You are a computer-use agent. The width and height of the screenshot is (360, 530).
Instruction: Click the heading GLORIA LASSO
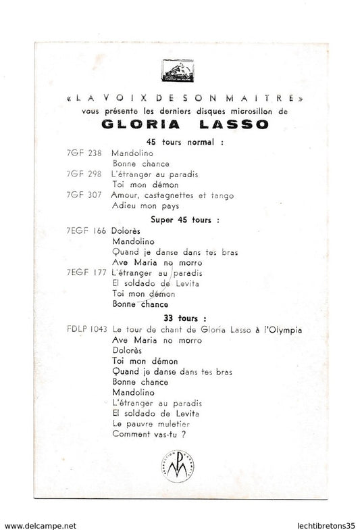point(180,122)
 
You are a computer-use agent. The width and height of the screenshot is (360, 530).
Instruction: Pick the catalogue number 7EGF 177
point(84,273)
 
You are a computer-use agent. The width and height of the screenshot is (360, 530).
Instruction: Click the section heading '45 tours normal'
point(180,141)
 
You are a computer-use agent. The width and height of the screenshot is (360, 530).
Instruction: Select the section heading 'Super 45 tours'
point(180,219)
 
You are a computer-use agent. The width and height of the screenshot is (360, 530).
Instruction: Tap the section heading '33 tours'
point(179,317)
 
